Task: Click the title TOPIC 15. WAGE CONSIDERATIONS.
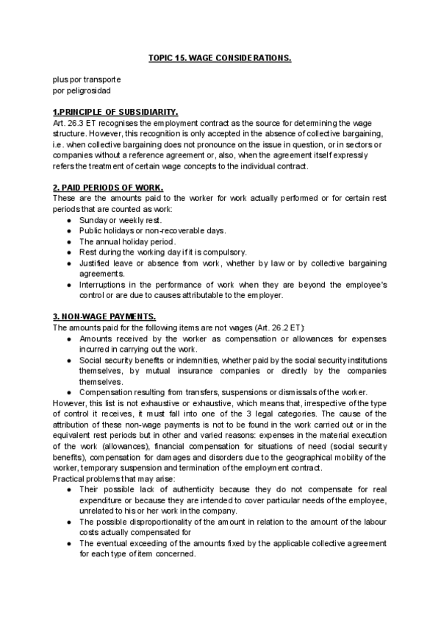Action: click(220, 57)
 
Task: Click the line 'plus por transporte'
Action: click(87, 79)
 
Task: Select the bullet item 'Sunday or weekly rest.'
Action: click(121, 220)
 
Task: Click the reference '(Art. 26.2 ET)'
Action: click(276, 327)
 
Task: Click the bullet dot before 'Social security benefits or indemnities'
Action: click(68, 360)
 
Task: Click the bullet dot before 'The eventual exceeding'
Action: click(68, 543)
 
